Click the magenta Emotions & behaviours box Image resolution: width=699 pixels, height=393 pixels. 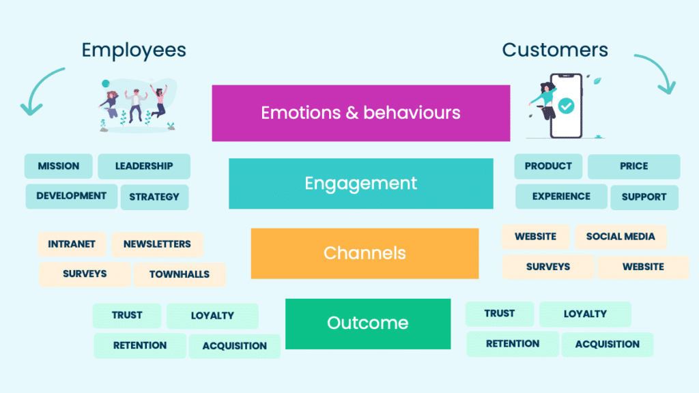coord(360,113)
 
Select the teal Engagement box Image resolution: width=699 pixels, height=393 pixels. coord(360,184)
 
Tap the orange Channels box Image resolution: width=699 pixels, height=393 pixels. coord(365,253)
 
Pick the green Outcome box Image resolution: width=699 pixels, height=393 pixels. coord(368,323)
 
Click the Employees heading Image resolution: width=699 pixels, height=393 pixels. coord(134,50)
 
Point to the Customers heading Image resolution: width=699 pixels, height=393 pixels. coord(555,50)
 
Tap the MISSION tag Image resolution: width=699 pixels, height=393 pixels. coord(59,166)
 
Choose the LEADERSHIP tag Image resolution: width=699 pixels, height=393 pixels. coord(144,166)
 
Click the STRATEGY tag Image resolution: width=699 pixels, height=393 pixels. coord(154,197)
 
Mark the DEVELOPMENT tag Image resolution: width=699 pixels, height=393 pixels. coord(72,196)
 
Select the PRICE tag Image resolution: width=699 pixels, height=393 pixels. coord(634,166)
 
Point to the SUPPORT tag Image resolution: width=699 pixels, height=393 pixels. coord(644,197)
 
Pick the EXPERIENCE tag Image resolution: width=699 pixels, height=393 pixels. coord(561,196)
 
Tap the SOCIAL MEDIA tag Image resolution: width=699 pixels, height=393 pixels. coord(620,237)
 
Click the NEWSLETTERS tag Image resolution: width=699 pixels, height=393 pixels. coord(158,244)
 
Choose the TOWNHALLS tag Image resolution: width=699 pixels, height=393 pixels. coord(180,274)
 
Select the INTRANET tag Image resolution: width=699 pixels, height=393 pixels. coord(72,244)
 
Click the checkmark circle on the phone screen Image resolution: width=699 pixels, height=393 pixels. coord(566,106)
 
